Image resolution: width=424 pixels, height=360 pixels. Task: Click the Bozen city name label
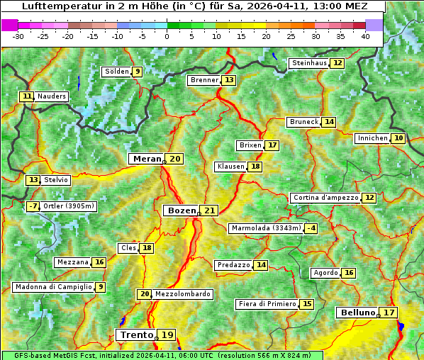[181, 210]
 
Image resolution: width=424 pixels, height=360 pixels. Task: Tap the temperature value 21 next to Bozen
[209, 210]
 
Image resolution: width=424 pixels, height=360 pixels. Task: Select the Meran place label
[147, 159]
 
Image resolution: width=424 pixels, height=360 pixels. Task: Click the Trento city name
[136, 334]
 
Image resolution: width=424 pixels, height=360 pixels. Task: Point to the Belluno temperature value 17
[389, 313]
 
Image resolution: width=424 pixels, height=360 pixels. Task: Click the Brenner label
[204, 80]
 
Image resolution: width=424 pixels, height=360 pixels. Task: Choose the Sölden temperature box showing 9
[137, 72]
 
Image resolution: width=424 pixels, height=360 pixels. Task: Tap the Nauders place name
[52, 96]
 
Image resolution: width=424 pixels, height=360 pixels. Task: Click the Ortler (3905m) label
[68, 206]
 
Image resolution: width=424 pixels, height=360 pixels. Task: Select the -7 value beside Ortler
[33, 206]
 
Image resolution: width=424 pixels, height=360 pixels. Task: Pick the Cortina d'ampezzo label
[325, 198]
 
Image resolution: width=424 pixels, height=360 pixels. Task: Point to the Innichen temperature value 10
[398, 138]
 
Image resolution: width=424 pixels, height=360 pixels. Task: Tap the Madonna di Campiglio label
[52, 287]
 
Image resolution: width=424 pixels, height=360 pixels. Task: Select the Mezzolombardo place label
[182, 294]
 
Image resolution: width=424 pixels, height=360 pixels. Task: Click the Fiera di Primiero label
[267, 304]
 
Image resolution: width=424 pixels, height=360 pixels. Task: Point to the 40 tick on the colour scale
[365, 35]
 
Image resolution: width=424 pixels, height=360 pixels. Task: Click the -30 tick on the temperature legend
[18, 35]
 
